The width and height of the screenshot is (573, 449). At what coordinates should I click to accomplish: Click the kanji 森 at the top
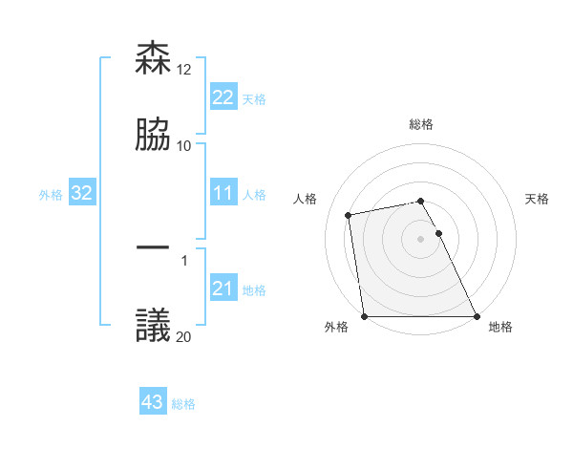coord(153,59)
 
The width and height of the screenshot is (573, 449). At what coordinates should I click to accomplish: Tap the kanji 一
coord(153,247)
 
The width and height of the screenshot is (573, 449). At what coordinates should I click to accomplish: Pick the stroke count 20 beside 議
coord(185,336)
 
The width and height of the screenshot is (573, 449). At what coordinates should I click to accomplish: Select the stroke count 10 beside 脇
coord(184,145)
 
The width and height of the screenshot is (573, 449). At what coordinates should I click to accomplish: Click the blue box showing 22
coord(223,97)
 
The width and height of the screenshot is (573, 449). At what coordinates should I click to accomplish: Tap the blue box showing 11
coord(223,194)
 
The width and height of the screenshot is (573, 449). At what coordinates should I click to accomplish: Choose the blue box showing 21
coord(223,289)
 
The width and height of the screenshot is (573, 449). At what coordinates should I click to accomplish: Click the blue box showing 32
coord(82,194)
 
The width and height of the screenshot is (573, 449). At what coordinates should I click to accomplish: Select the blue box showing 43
coord(153,402)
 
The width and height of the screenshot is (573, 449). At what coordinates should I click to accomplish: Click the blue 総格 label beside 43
coord(183,404)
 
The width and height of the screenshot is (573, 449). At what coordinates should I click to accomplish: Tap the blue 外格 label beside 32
coord(51,195)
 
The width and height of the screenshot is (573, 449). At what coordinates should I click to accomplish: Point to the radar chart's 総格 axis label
coord(421,125)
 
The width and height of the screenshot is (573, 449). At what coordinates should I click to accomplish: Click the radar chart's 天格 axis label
coord(537,199)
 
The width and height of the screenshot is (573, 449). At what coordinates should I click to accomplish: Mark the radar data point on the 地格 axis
coord(476,316)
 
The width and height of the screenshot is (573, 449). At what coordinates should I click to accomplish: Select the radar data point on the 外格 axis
coord(365,316)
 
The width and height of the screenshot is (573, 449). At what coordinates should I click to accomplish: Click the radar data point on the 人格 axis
coord(350,215)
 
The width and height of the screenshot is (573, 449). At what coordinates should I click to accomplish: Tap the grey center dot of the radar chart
coord(420,239)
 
